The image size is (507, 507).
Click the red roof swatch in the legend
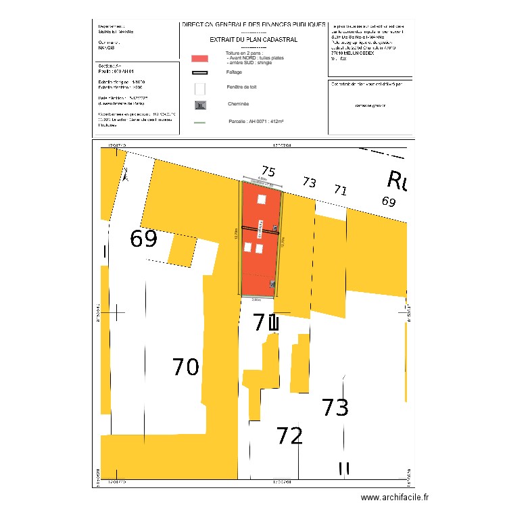tap(199, 58)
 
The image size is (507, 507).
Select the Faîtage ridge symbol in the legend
tap(199, 72)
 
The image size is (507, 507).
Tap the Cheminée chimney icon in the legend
tap(199, 105)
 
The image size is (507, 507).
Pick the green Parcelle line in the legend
tap(199, 122)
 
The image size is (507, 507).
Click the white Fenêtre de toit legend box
tap(199, 89)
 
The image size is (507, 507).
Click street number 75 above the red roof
tap(268, 172)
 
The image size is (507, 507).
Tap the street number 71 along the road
tap(340, 191)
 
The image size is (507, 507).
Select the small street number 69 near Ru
tap(388, 201)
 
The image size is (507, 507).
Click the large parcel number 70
tap(185, 367)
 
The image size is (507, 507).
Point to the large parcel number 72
tap(289, 436)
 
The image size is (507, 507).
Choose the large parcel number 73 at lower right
tap(335, 408)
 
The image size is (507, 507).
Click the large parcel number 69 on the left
tap(143, 239)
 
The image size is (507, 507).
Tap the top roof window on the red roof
tap(261, 199)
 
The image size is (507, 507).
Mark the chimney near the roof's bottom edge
tap(272, 285)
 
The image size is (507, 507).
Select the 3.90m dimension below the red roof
tap(256, 299)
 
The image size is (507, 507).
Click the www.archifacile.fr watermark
tap(395, 498)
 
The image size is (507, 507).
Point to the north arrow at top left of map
tap(125, 176)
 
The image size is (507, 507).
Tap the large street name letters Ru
tap(397, 180)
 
